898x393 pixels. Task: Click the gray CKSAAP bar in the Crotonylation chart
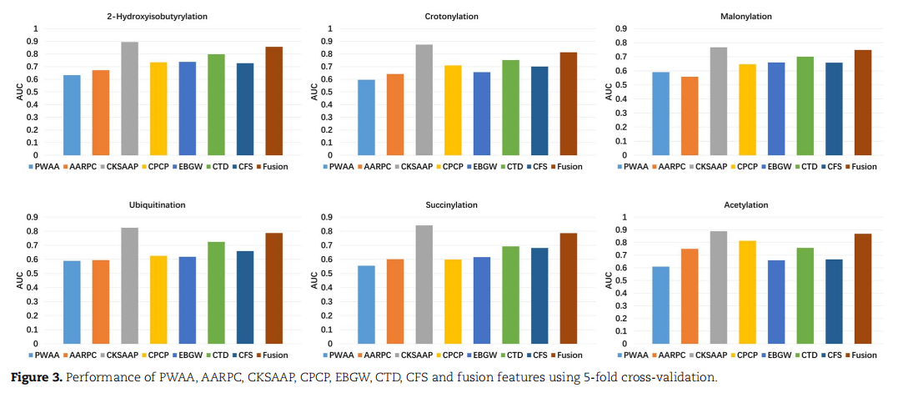coord(424,100)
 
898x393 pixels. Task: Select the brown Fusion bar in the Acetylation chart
coord(863,289)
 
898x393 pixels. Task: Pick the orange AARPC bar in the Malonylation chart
coord(690,116)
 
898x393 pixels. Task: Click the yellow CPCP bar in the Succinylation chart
coord(453,301)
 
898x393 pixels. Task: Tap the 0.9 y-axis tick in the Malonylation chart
coord(621,29)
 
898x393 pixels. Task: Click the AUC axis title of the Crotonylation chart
coord(314,92)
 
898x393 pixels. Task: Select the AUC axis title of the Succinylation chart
coord(314,281)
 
